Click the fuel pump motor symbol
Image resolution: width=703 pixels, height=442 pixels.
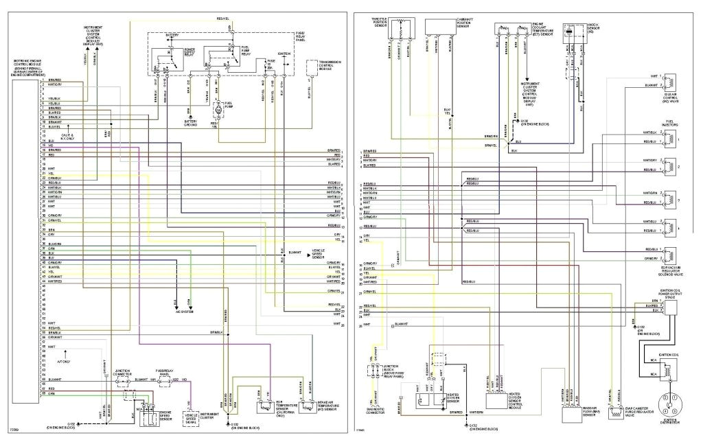218,109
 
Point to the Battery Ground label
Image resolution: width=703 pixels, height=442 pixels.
191,124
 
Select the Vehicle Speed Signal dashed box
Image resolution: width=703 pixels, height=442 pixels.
192,416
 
